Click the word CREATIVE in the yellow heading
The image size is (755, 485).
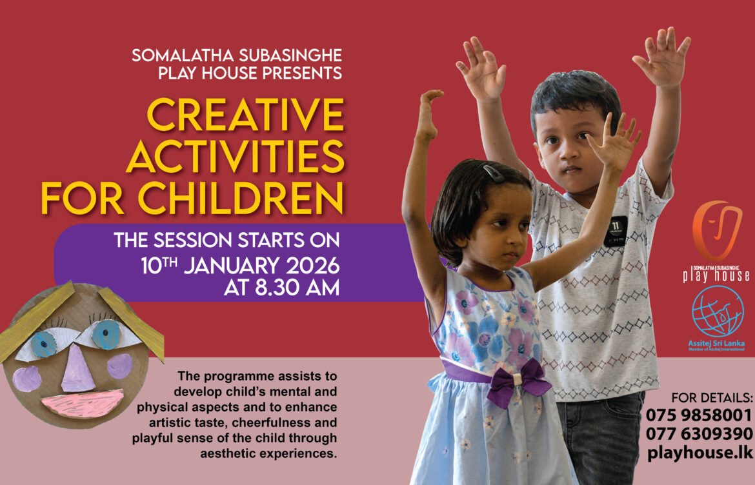[x=245, y=114]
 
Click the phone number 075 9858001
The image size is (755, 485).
[x=699, y=415]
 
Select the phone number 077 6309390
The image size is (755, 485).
[x=699, y=433]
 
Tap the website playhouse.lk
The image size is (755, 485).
[x=700, y=452]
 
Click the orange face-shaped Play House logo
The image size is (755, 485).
[x=716, y=230]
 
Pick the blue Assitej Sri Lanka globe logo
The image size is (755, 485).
[x=718, y=312]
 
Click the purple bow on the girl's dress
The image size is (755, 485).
[x=518, y=382]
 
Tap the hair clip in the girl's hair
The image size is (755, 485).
[x=493, y=173]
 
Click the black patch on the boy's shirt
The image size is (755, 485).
[x=616, y=231]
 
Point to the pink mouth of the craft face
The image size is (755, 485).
[x=83, y=402]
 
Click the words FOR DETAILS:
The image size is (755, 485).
[x=712, y=398]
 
